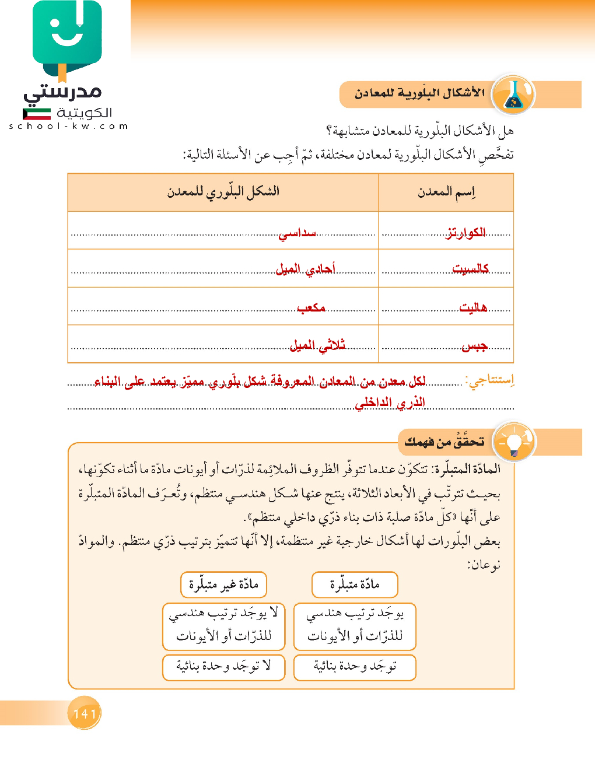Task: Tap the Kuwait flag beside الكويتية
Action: (37, 114)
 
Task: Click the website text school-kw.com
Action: (68, 126)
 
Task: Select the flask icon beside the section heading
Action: (513, 94)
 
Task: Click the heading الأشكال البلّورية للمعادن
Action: (420, 93)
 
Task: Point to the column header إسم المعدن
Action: (446, 192)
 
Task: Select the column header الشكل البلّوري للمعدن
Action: (223, 191)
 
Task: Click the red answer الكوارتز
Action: (466, 233)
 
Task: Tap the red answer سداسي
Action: (297, 233)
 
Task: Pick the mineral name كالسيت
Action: (470, 269)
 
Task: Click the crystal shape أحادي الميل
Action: (305, 269)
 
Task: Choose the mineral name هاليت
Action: (473, 307)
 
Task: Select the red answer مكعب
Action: (311, 307)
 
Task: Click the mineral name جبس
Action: (474, 346)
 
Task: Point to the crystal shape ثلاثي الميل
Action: (317, 346)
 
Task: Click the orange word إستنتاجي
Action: (490, 381)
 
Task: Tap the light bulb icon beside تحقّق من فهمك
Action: (513, 442)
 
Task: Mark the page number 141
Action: (85, 713)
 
